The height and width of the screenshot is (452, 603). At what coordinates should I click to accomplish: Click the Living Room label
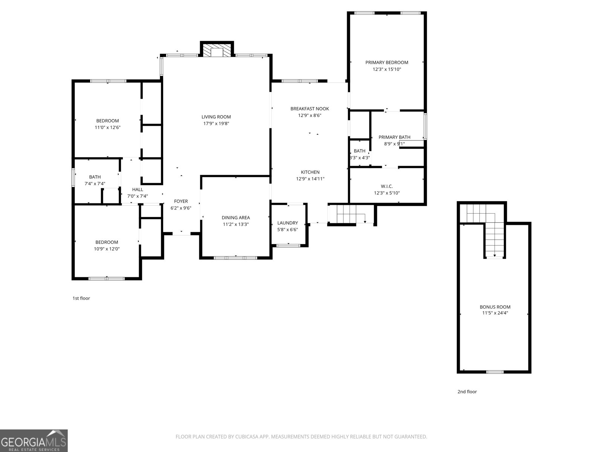coord(216,117)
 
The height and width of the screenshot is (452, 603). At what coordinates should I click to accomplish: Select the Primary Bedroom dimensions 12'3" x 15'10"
coord(387,69)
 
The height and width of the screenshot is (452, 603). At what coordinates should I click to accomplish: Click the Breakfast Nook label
coord(309,108)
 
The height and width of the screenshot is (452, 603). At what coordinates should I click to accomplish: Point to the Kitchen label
coord(310,172)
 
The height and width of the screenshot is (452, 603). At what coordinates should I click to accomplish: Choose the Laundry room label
coord(288,223)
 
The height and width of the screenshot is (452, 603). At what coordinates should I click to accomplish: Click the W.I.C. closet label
coord(387,186)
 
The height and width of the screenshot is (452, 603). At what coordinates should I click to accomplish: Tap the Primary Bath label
coord(394,137)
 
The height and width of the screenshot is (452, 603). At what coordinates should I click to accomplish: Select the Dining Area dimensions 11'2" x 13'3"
coord(236,224)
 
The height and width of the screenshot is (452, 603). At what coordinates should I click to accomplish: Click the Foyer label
coord(181,201)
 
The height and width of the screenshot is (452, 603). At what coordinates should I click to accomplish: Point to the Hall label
coord(138,189)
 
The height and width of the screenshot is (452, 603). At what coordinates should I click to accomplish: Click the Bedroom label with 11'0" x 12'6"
coord(107,121)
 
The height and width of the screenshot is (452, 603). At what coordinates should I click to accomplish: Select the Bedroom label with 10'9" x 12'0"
coord(107,242)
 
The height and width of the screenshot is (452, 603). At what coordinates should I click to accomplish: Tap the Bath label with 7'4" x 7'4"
coord(95,177)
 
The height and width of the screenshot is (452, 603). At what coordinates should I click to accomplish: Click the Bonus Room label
coord(495,307)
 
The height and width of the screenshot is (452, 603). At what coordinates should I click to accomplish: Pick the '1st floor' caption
coord(81,298)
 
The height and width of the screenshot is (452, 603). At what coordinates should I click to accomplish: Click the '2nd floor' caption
coord(467,392)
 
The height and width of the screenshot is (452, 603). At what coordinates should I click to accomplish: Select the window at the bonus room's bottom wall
coord(494,372)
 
